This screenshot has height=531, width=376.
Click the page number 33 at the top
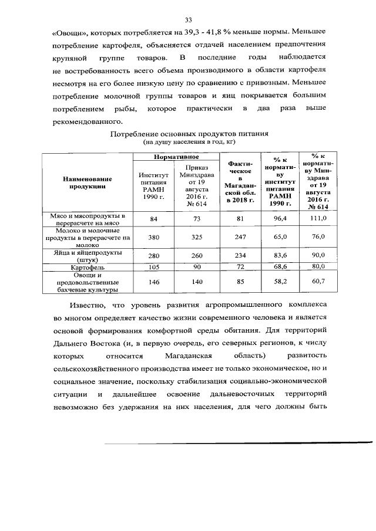click(x=189, y=19)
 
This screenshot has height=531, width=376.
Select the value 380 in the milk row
click(x=154, y=238)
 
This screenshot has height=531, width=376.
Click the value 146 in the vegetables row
click(x=154, y=282)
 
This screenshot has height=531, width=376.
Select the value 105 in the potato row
click(x=154, y=267)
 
